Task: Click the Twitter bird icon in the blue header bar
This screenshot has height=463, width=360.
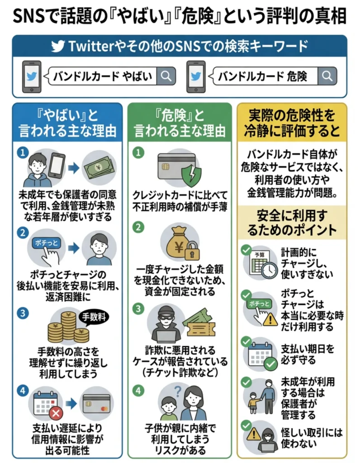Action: (x=57, y=47)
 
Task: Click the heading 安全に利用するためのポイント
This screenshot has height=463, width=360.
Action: (x=292, y=222)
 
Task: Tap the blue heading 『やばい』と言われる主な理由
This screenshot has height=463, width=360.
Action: (x=67, y=123)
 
